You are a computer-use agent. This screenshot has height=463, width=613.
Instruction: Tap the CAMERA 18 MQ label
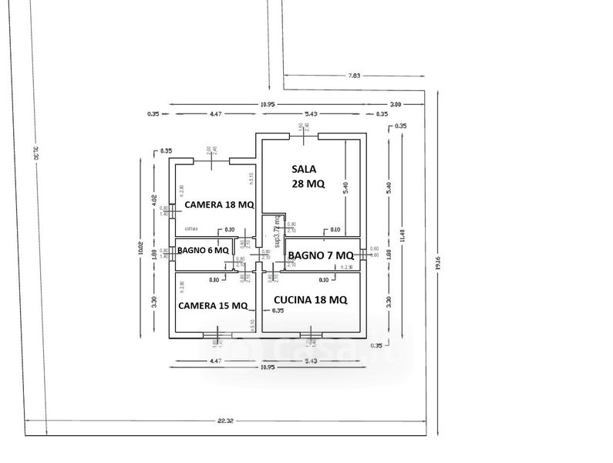click(x=218, y=204)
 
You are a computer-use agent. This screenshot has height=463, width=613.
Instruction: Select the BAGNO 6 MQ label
click(x=203, y=250)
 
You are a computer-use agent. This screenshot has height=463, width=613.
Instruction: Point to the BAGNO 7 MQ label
click(x=321, y=255)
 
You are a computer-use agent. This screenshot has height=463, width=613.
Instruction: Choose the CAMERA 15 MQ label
click(x=213, y=306)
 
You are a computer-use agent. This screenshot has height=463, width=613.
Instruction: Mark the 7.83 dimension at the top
click(x=354, y=76)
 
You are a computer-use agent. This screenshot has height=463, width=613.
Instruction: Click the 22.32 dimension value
click(x=225, y=421)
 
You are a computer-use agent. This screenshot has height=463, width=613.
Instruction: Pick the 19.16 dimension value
click(x=438, y=262)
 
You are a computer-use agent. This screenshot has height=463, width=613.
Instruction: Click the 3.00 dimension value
click(x=396, y=104)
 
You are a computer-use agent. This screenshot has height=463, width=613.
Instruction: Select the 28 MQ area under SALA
click(x=308, y=184)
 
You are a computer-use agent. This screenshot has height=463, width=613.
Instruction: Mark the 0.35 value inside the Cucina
click(x=278, y=310)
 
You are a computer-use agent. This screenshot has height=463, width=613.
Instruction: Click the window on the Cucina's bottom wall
click(x=311, y=335)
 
